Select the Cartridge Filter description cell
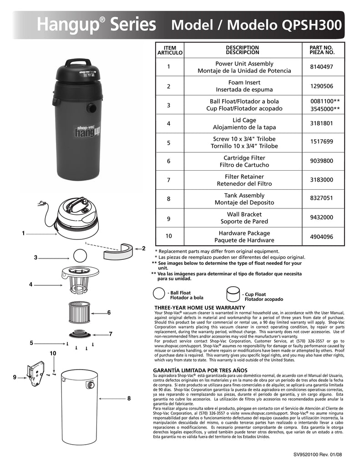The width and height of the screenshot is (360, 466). point(244,161)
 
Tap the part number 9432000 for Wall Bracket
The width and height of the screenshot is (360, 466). point(321,218)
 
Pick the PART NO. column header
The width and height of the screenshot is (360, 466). point(321,50)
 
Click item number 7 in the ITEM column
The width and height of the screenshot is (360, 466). point(168,180)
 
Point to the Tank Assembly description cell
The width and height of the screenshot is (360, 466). point(244,199)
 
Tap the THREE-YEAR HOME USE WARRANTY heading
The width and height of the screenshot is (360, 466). point(200,308)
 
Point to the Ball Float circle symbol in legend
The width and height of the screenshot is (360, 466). point(159,294)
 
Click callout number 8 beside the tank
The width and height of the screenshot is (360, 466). point(129,398)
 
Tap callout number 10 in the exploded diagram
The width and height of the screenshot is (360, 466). point(53,353)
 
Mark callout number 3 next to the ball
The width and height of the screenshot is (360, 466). point(35,258)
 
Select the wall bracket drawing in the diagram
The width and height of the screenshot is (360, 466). point(36,373)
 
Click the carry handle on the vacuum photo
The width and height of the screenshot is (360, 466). point(77,62)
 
